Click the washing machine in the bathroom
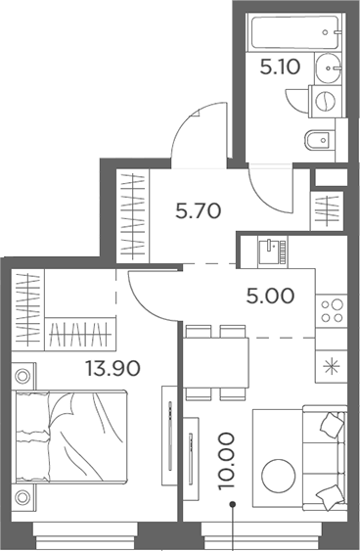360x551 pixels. [x=323, y=100]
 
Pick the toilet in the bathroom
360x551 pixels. [x=319, y=140]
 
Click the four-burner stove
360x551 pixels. [x=332, y=310]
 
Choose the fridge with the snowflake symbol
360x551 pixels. [x=332, y=368]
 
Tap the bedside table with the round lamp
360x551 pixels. [x=23, y=374]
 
